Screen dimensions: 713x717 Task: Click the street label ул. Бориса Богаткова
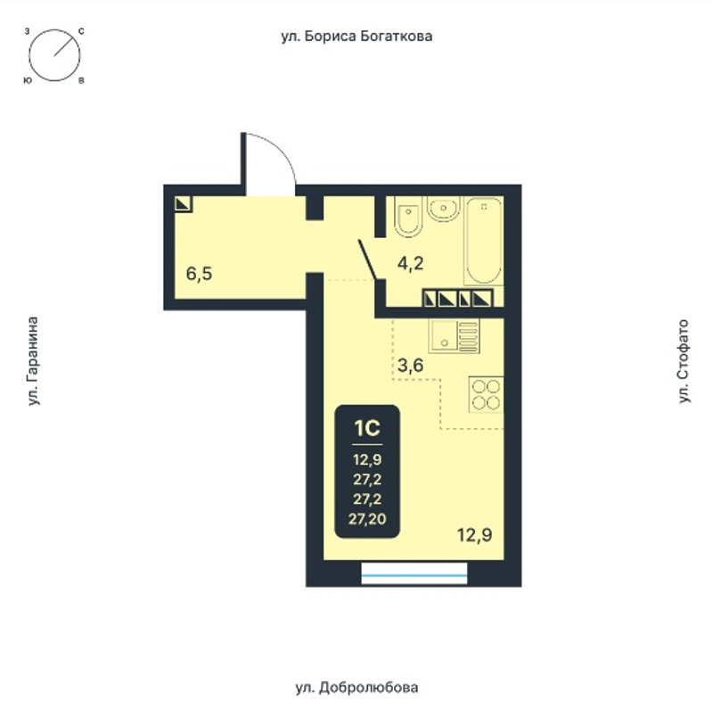coord(356,37)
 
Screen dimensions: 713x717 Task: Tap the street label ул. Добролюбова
coord(356,688)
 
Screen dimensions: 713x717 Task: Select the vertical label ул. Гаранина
coord(32,361)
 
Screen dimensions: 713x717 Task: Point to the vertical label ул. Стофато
coord(684,361)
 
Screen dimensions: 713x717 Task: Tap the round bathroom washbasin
coord(442,209)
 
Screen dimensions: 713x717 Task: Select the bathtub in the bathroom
coord(483,241)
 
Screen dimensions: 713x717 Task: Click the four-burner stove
coord(486,395)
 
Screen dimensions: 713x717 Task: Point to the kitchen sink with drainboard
coord(454,335)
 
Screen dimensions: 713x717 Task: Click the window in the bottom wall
coord(414,573)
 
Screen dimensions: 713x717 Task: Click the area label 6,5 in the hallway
coord(200,274)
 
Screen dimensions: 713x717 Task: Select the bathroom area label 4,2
coord(410,264)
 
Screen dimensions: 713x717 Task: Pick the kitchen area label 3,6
coord(410,366)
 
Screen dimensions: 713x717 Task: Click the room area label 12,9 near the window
coord(475,534)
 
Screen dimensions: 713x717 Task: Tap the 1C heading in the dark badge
coord(367,428)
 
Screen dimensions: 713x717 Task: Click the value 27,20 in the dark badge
coord(367,519)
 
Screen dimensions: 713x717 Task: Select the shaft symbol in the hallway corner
coord(184,204)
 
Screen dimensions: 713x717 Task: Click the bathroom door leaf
coord(368,260)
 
